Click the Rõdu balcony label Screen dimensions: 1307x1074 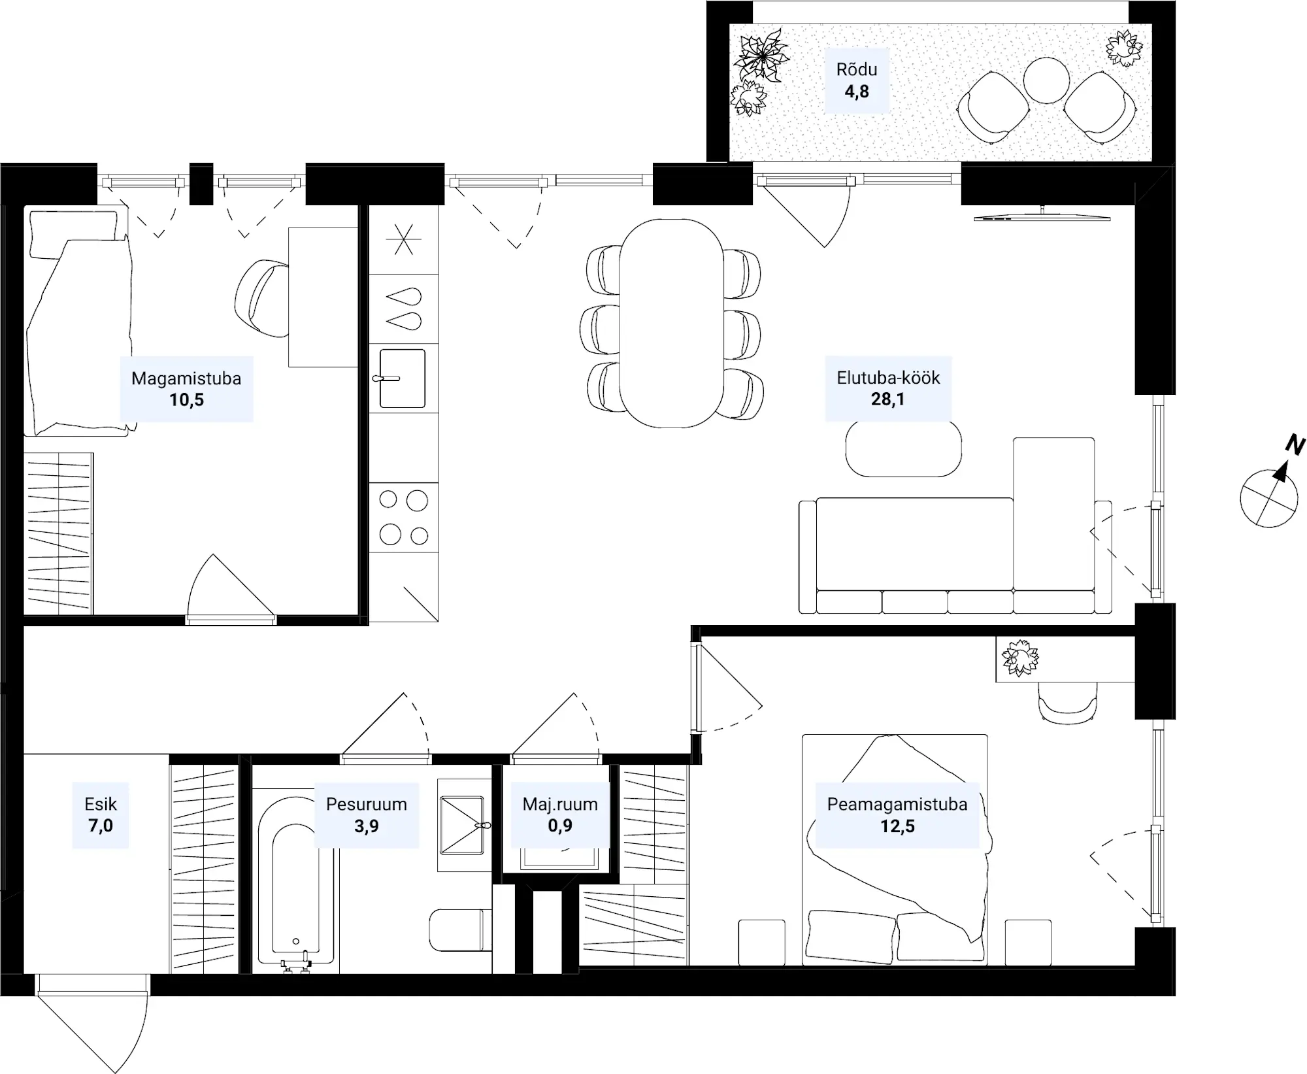point(856,80)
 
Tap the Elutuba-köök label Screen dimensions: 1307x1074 point(888,388)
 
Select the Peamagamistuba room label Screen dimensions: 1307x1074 point(897,815)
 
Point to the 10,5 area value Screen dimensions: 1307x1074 point(187,400)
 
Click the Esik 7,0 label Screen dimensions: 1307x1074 point(101,815)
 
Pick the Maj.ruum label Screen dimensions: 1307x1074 point(560,804)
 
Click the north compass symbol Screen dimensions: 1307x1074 point(1271,487)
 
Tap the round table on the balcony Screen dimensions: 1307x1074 point(1046,80)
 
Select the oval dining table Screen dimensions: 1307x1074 point(672,323)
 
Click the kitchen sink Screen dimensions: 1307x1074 point(403,378)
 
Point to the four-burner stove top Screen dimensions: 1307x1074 point(404,518)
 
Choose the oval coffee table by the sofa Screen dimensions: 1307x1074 point(904,448)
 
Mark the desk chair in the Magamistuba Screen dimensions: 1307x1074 point(262,298)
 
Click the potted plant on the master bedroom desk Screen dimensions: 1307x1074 point(1019,658)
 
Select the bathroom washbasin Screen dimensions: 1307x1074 point(462,825)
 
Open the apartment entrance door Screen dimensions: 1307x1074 point(92,1023)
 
